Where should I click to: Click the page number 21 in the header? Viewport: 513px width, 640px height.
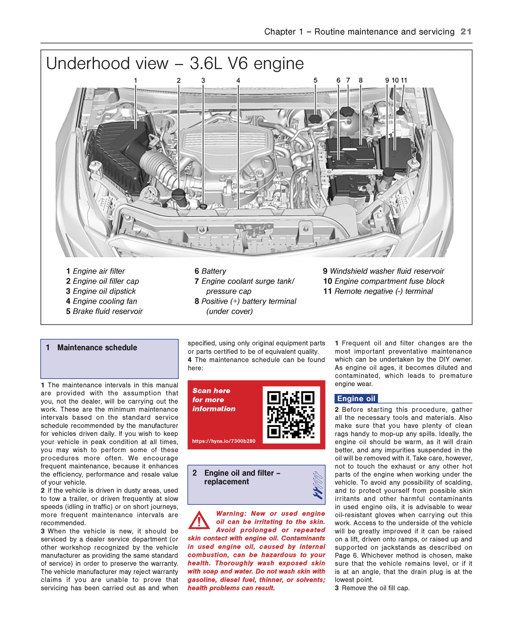[x=466, y=31]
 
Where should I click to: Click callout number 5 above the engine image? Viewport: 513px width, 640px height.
[x=315, y=80]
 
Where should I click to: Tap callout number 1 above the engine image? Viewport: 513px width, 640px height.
[x=135, y=80]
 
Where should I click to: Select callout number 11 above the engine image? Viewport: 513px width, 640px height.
[x=404, y=80]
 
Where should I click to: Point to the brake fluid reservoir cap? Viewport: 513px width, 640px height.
[x=315, y=118]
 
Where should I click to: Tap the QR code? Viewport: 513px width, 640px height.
[x=291, y=415]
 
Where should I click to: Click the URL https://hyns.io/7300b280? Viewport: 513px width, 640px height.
[x=224, y=441]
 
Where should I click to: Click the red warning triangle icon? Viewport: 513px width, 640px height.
[x=199, y=521]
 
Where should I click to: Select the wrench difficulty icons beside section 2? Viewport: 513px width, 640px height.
[x=317, y=485]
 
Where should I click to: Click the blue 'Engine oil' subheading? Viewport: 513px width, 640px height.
[x=356, y=399]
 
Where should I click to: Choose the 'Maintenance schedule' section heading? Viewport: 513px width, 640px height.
[x=97, y=348]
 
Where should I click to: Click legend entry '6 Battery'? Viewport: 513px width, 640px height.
[x=210, y=271]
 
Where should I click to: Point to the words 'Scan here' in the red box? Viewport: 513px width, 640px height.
[x=211, y=391]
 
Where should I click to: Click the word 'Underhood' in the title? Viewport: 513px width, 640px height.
[x=107, y=64]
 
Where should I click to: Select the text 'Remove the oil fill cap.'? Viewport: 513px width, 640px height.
[x=376, y=588]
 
